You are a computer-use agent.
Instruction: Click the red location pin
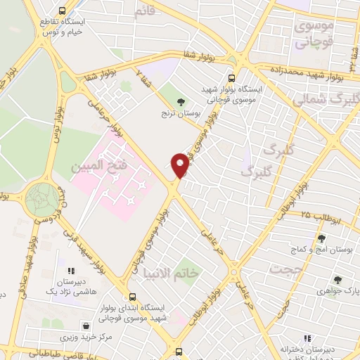[x=180, y=164]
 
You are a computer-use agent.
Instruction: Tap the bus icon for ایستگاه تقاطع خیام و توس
[x=62, y=11]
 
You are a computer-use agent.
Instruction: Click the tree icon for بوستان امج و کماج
[x=321, y=238]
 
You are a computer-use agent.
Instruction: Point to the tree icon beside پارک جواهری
[x=337, y=280]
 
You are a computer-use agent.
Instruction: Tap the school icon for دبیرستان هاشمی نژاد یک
[x=70, y=270]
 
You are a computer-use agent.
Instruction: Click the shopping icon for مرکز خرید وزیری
[x=86, y=326]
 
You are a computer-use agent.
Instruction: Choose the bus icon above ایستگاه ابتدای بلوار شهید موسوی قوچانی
[x=132, y=297]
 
